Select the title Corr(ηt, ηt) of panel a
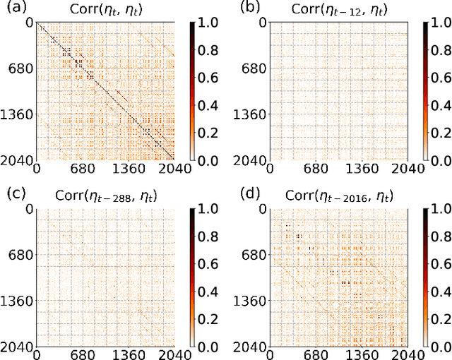pyautogui.click(x=107, y=10)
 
